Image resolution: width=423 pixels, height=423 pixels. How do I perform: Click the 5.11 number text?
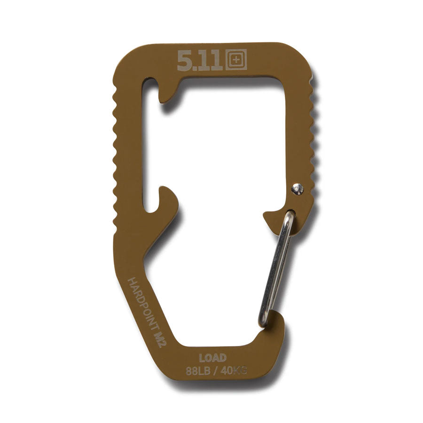(x=200, y=61)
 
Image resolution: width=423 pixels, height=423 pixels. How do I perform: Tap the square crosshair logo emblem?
(x=236, y=60)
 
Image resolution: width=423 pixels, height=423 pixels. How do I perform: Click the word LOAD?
(x=213, y=358)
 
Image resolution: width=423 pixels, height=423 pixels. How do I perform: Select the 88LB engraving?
(x=198, y=371)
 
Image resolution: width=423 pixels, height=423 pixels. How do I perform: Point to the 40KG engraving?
(x=234, y=371)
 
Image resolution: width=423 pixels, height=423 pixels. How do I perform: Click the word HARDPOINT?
(x=141, y=304)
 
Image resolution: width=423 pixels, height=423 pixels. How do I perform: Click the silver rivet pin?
(x=298, y=189)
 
